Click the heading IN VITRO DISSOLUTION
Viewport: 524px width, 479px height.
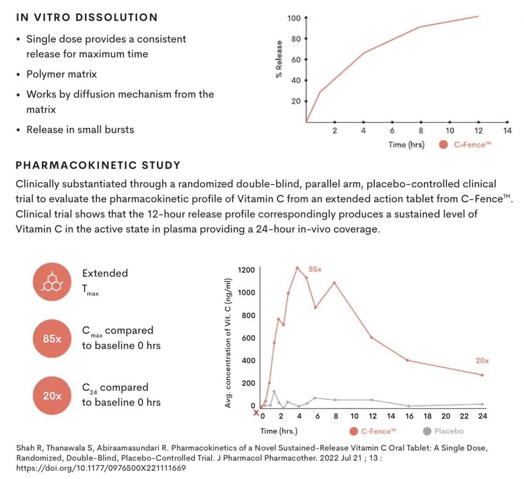(x=86, y=17)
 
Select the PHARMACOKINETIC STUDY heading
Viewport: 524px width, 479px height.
(x=98, y=165)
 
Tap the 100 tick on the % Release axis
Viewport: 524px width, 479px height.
(x=294, y=18)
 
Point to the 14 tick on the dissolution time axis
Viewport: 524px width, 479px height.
(x=507, y=130)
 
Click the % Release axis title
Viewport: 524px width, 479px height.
(x=279, y=59)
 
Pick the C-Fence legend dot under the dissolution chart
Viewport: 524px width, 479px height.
(x=443, y=145)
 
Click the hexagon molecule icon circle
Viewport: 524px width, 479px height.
(x=52, y=282)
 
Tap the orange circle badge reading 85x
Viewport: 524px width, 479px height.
(x=52, y=338)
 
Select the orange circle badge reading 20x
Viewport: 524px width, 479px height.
(x=52, y=396)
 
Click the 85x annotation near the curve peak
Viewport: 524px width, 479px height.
(x=315, y=269)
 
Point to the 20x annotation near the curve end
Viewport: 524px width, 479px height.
(x=482, y=361)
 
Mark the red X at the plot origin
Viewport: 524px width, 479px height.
(x=256, y=412)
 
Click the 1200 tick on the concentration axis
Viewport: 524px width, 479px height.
(x=246, y=270)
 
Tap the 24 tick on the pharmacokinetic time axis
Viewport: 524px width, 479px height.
(x=483, y=416)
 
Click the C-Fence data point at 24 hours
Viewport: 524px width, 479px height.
(x=482, y=375)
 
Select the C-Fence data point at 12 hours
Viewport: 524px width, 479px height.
(x=372, y=338)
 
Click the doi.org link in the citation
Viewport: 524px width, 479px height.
(x=101, y=468)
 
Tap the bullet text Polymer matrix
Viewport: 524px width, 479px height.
(x=62, y=74)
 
